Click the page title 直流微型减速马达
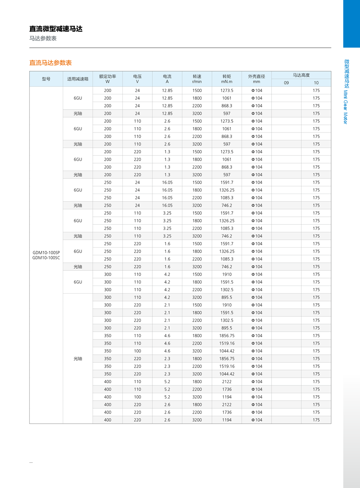coord(56,29)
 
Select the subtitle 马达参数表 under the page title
coord(43,38)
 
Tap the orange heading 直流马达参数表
coord(50,63)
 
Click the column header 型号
coord(46,79)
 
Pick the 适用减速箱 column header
coord(78,79)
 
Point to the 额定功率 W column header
coord(107,78)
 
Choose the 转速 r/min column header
coord(197,78)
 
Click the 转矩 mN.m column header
coord(227,78)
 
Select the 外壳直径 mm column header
coord(256,78)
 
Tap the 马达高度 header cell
coord(301,75)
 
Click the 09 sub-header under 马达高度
coord(286,83)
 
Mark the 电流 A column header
coord(167,78)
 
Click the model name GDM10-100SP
coord(46,252)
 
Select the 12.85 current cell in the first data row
coord(167,90)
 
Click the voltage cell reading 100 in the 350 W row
coord(137,351)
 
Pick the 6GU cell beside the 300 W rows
coord(78,282)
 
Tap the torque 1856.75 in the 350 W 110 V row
coord(227,336)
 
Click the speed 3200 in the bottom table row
coord(197,420)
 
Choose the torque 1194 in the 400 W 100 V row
coord(227,397)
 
